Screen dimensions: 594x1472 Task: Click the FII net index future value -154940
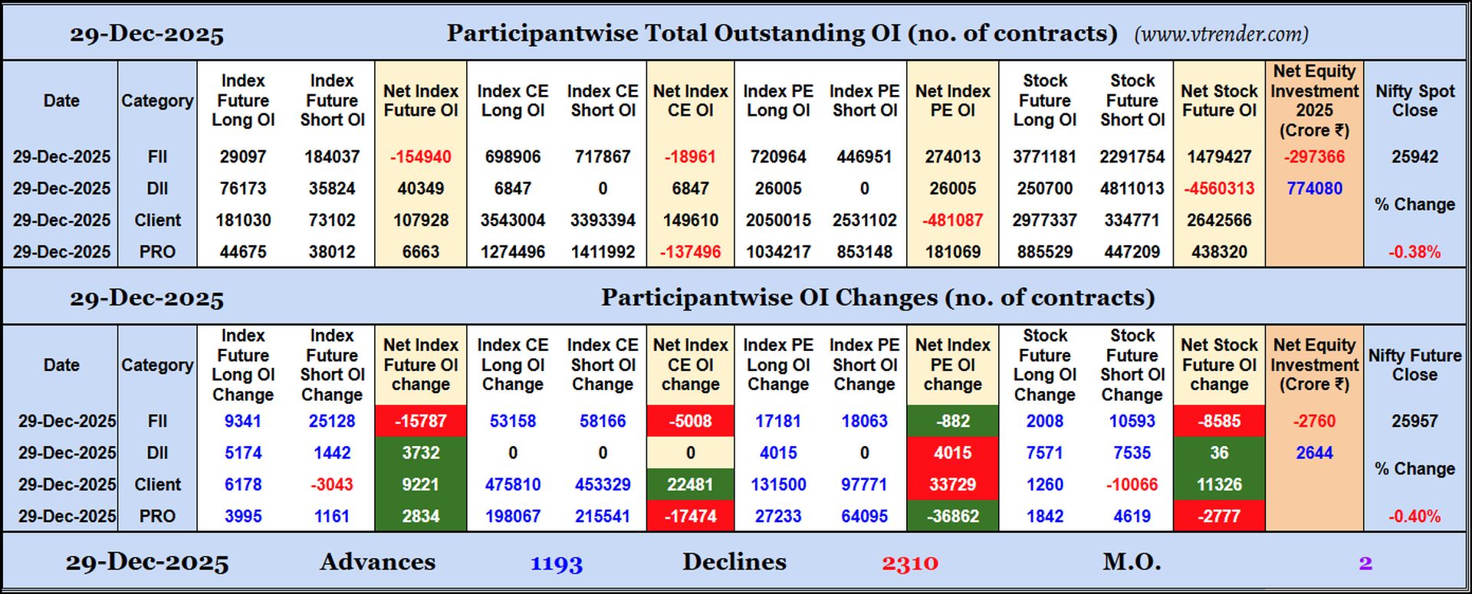420,157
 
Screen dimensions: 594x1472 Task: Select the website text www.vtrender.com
1221,34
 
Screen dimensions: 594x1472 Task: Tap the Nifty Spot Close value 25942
1414,157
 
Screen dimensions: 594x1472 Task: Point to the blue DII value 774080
1314,189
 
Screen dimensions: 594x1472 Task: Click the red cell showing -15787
420,421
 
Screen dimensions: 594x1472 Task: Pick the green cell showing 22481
690,484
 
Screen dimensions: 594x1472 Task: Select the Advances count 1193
557,563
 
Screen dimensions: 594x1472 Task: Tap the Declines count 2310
910,563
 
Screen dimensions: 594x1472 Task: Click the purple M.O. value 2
1365,563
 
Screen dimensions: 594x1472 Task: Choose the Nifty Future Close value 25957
1414,421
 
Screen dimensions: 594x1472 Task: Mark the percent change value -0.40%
1414,517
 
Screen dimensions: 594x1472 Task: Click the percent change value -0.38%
1414,252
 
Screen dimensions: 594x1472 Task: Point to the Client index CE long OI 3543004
512,221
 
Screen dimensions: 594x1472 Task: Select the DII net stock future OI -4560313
1219,189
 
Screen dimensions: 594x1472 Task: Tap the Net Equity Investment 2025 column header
1314,100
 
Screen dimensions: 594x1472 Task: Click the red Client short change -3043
331,484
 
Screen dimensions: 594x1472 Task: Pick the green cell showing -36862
952,517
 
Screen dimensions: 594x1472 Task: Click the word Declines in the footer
734,562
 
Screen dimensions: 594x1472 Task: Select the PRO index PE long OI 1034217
778,252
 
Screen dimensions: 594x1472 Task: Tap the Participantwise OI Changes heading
877,297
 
